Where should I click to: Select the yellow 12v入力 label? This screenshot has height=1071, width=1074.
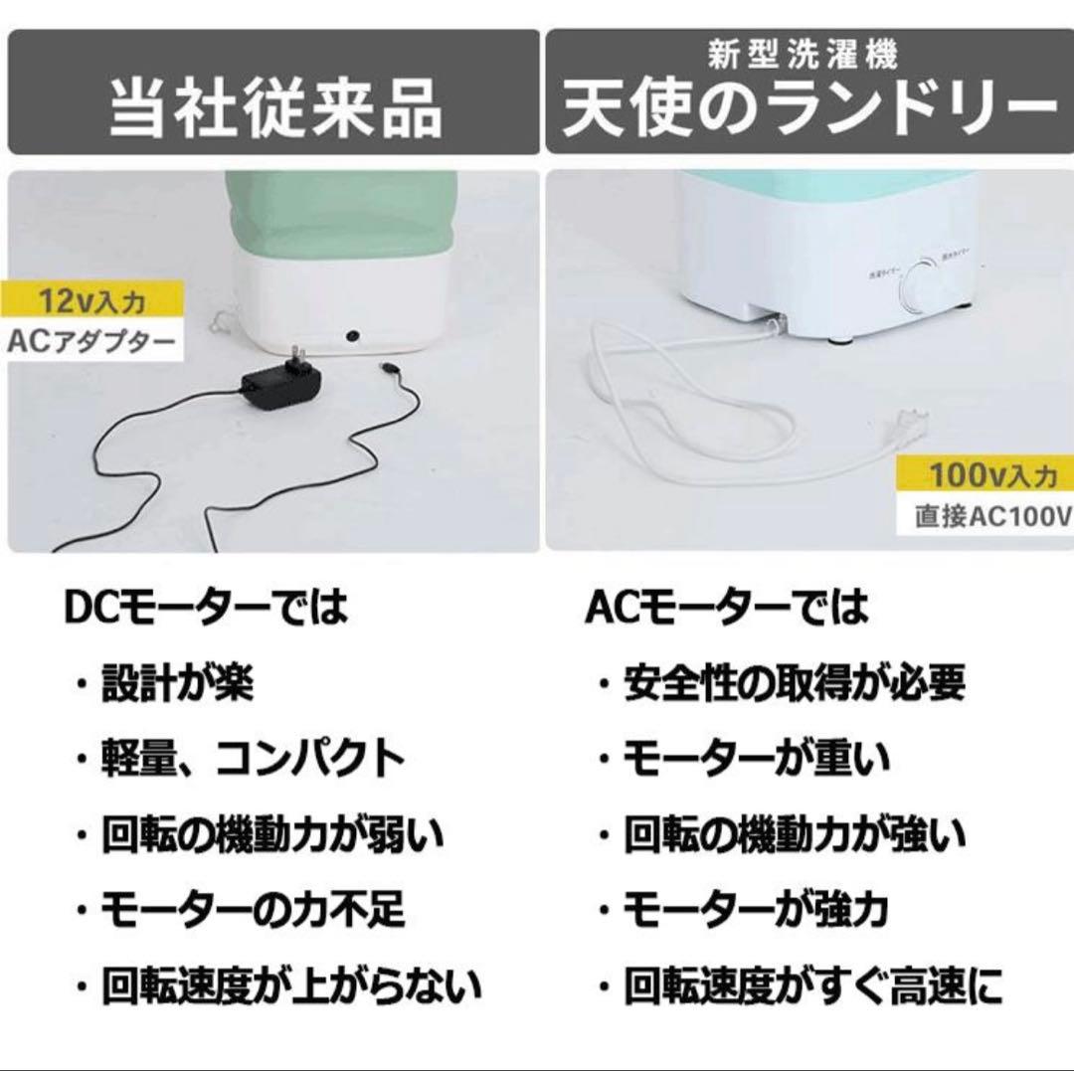tap(91, 298)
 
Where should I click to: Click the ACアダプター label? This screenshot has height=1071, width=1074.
tap(91, 343)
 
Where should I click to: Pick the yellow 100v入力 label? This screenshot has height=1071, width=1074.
tap(988, 475)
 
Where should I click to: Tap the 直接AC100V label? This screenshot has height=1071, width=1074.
tap(988, 518)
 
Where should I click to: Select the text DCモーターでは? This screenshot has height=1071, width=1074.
tap(206, 607)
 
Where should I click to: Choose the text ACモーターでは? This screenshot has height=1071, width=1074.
tap(726, 607)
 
